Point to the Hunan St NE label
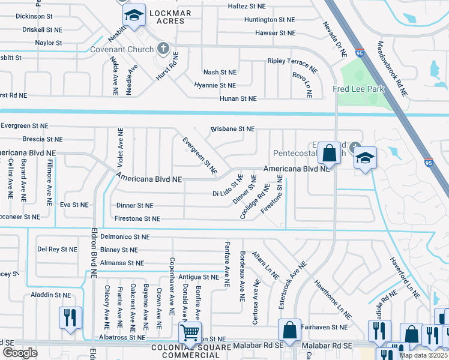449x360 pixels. pos(238,98)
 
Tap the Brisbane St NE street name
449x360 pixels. pos(232,129)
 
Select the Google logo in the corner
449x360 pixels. pos(20,353)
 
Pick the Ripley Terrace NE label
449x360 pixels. pos(292,63)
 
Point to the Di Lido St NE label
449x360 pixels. pos(228,186)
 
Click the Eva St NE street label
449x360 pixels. pos(74,205)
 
